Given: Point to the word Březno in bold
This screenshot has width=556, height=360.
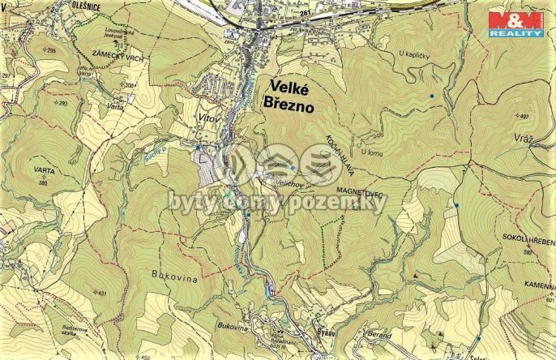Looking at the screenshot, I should [x=284, y=103].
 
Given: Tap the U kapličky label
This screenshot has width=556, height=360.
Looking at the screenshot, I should [x=414, y=54].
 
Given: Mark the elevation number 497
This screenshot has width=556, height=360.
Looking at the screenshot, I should [x=523, y=117].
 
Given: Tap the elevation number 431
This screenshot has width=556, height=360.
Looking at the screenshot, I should [x=101, y=293].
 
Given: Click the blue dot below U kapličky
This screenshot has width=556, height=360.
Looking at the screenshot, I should [x=432, y=96].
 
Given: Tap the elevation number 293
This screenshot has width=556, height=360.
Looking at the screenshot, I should [x=62, y=104].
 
